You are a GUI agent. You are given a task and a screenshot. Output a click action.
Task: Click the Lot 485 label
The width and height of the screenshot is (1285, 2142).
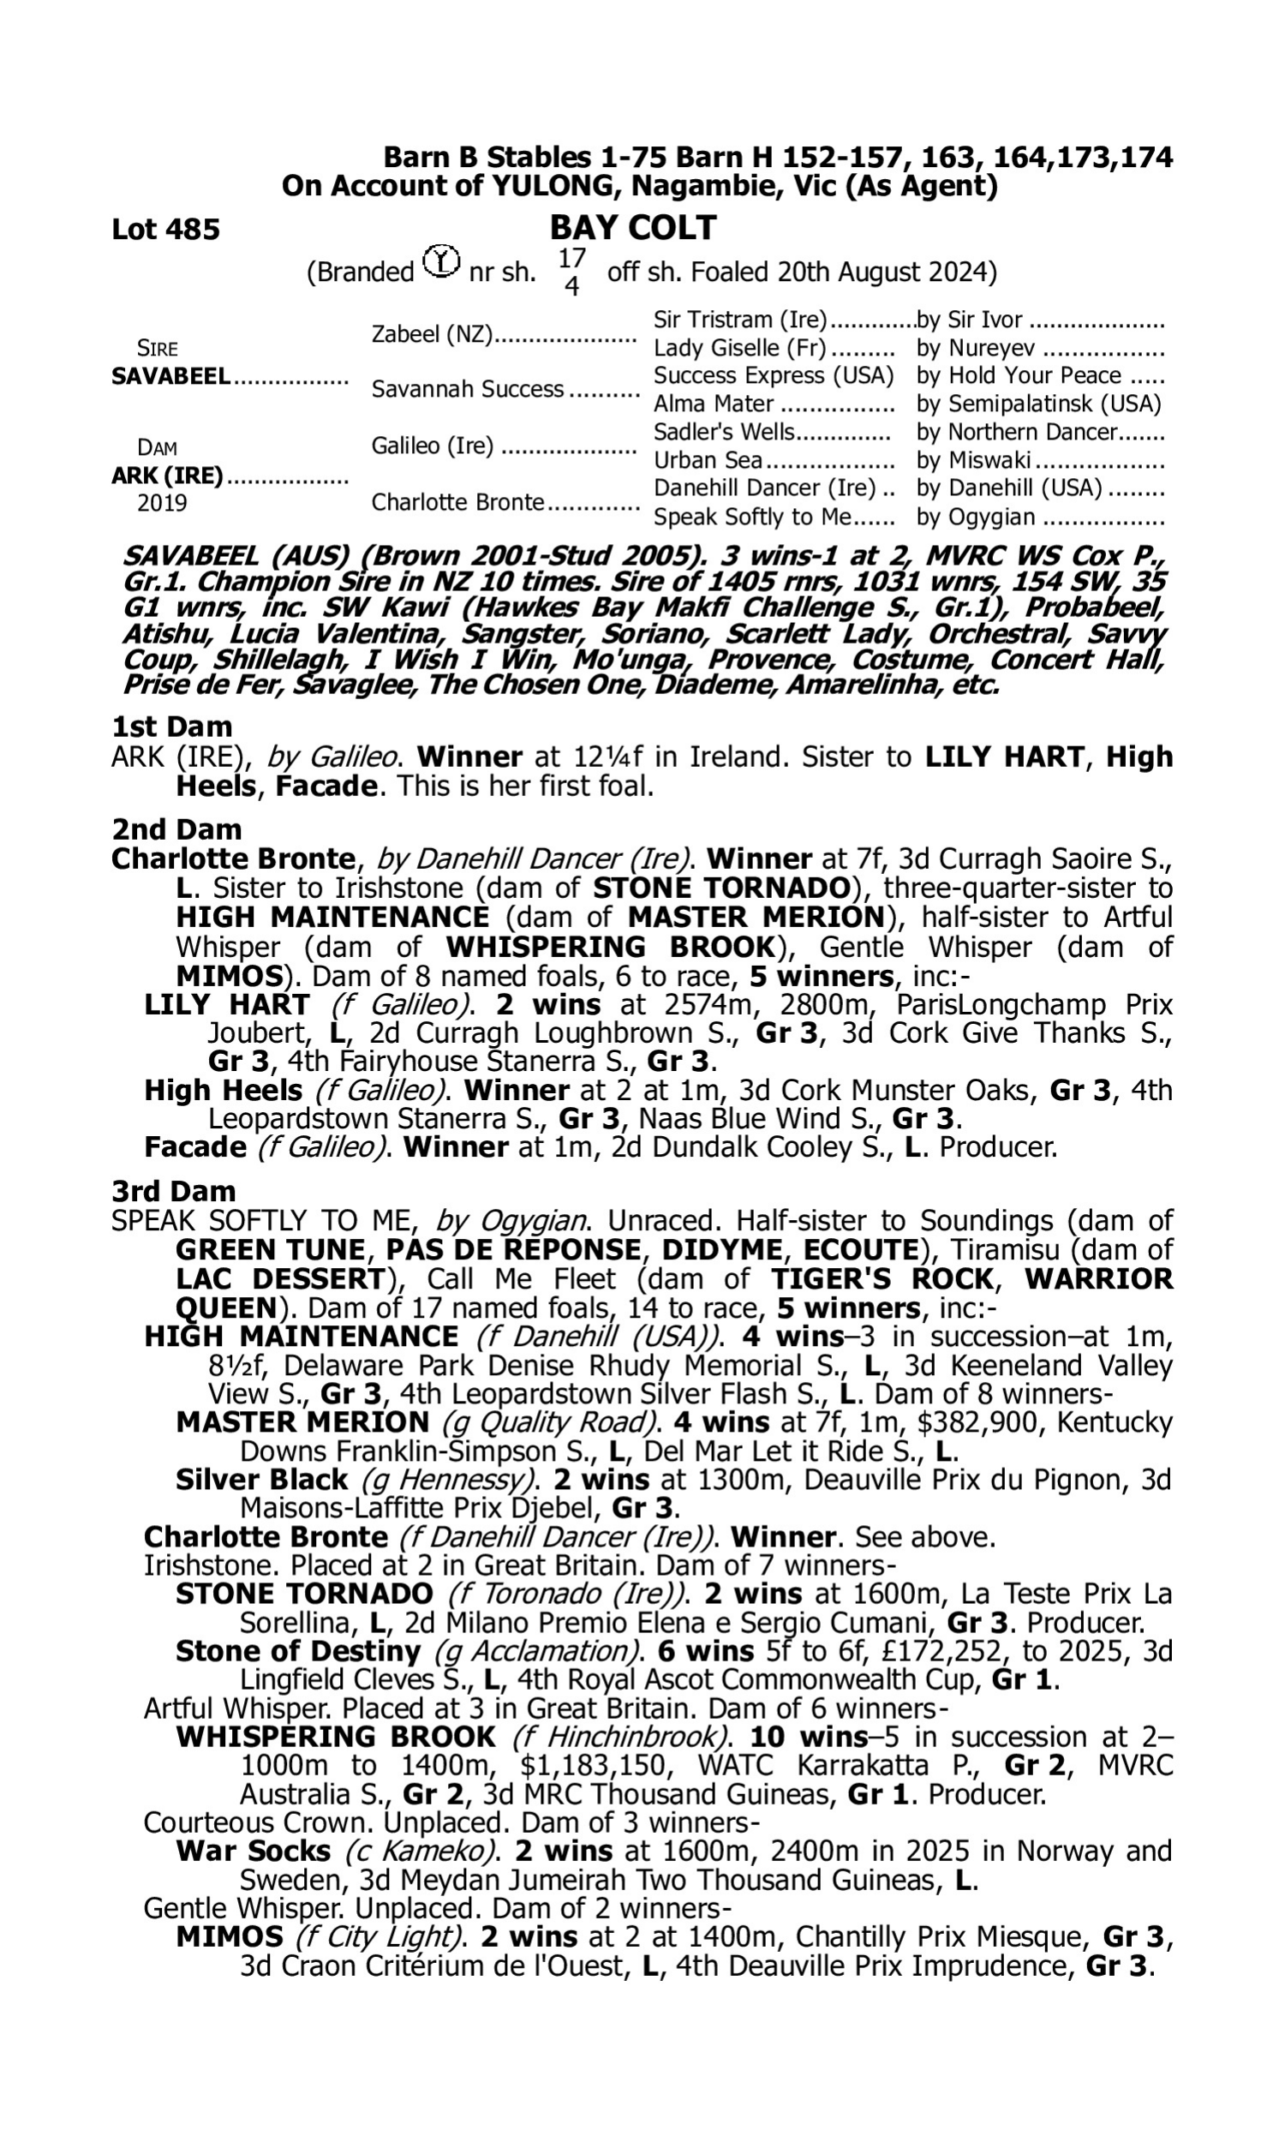coord(165,230)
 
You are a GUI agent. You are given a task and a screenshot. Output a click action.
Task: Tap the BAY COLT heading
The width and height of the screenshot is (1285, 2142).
coord(632,228)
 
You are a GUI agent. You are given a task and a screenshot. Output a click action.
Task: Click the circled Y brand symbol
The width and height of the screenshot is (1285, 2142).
coord(441,260)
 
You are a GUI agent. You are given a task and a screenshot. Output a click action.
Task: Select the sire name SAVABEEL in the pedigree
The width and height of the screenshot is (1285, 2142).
coord(170,377)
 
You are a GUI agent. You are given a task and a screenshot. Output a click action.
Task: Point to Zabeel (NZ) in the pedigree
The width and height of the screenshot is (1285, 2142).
coord(431,334)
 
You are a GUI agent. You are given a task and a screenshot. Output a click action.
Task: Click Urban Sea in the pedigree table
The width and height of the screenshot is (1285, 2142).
coord(708,461)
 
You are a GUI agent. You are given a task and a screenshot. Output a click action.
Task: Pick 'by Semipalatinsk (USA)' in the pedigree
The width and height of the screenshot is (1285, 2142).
coord(1038,404)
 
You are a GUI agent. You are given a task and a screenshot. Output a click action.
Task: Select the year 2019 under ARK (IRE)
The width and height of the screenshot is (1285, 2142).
coord(162,503)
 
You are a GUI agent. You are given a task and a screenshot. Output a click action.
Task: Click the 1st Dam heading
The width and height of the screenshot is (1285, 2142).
coord(171,727)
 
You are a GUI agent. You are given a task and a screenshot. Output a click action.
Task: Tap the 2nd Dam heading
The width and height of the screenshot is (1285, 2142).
coord(176,829)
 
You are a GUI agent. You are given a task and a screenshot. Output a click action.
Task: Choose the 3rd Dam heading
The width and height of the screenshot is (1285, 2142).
coord(174,1191)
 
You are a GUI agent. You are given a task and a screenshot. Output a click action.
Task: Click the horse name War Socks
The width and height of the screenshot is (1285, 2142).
coord(253,1851)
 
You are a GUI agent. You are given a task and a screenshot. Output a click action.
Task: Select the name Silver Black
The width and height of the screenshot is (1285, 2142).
coord(261,1480)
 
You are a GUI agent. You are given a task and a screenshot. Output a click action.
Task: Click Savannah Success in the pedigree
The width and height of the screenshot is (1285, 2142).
coord(468,390)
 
